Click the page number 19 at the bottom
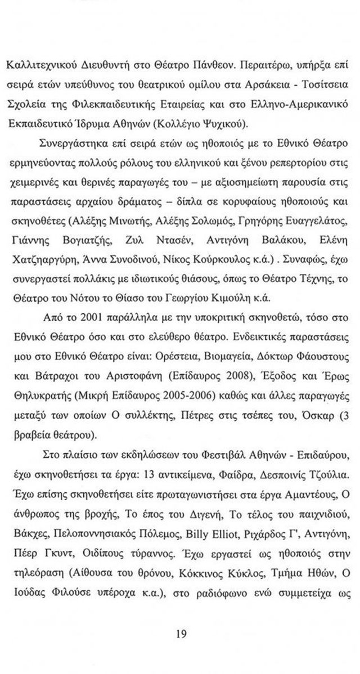[181, 635]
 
